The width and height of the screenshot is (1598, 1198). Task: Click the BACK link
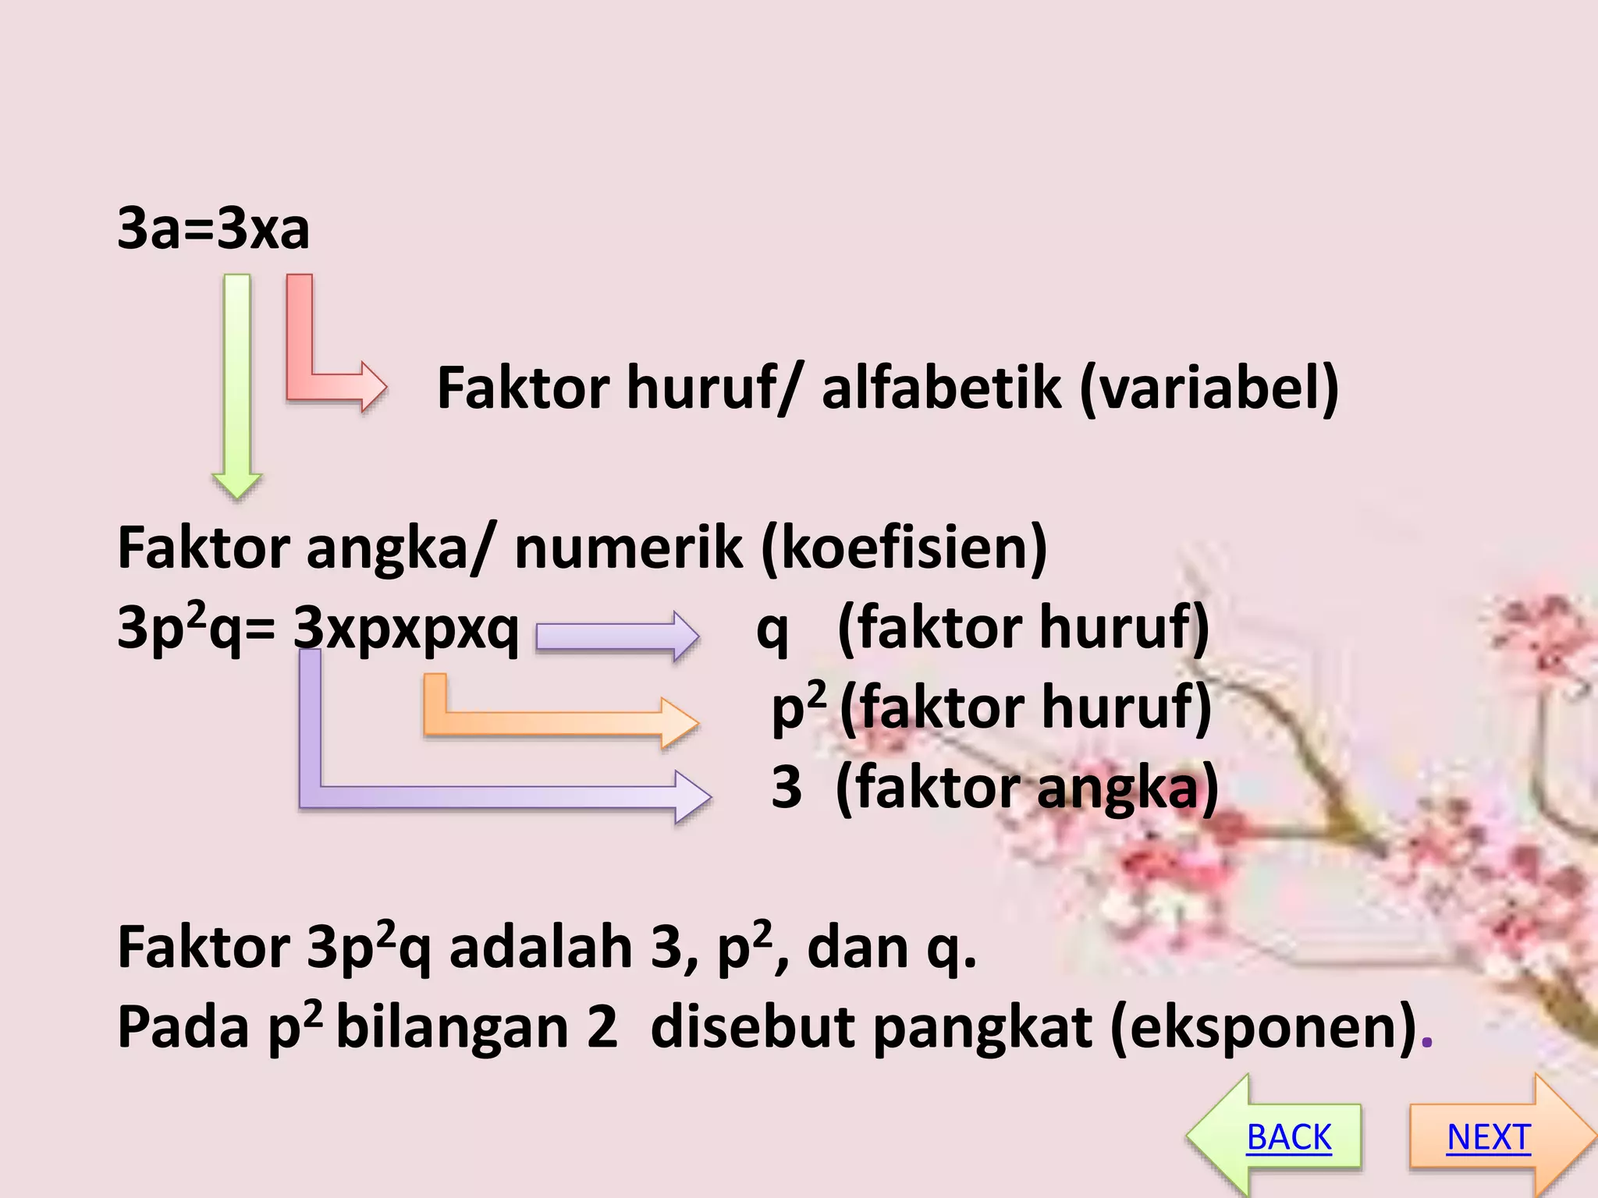tap(1288, 1136)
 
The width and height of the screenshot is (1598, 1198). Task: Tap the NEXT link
tap(1488, 1136)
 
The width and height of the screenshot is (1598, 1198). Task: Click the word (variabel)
tap(1209, 388)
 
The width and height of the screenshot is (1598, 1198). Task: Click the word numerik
tap(629, 548)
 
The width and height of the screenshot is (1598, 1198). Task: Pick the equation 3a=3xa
tap(213, 229)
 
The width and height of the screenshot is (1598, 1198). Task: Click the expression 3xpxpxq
tap(406, 628)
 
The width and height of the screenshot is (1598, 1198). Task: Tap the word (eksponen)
tap(1264, 1027)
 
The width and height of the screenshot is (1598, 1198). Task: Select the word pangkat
tap(982, 1027)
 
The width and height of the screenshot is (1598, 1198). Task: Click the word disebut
tap(752, 1027)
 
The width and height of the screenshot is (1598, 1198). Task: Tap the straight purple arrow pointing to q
tap(616, 636)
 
